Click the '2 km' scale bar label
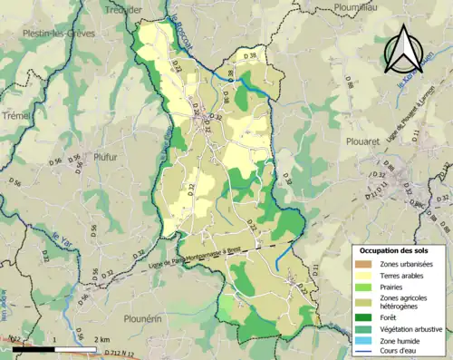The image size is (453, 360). click(101, 338)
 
